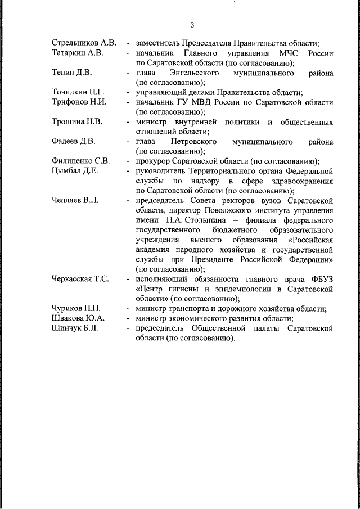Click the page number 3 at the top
pyautogui.click(x=192, y=25)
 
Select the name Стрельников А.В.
pyautogui.click(x=84, y=43)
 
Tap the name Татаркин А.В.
pyautogui.click(x=77, y=53)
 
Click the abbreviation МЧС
pyautogui.click(x=286, y=53)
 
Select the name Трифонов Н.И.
pyautogui.click(x=79, y=102)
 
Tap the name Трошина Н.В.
pyautogui.click(x=76, y=122)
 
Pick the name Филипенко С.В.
pyautogui.click(x=80, y=161)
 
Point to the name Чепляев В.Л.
pyautogui.click(x=75, y=200)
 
